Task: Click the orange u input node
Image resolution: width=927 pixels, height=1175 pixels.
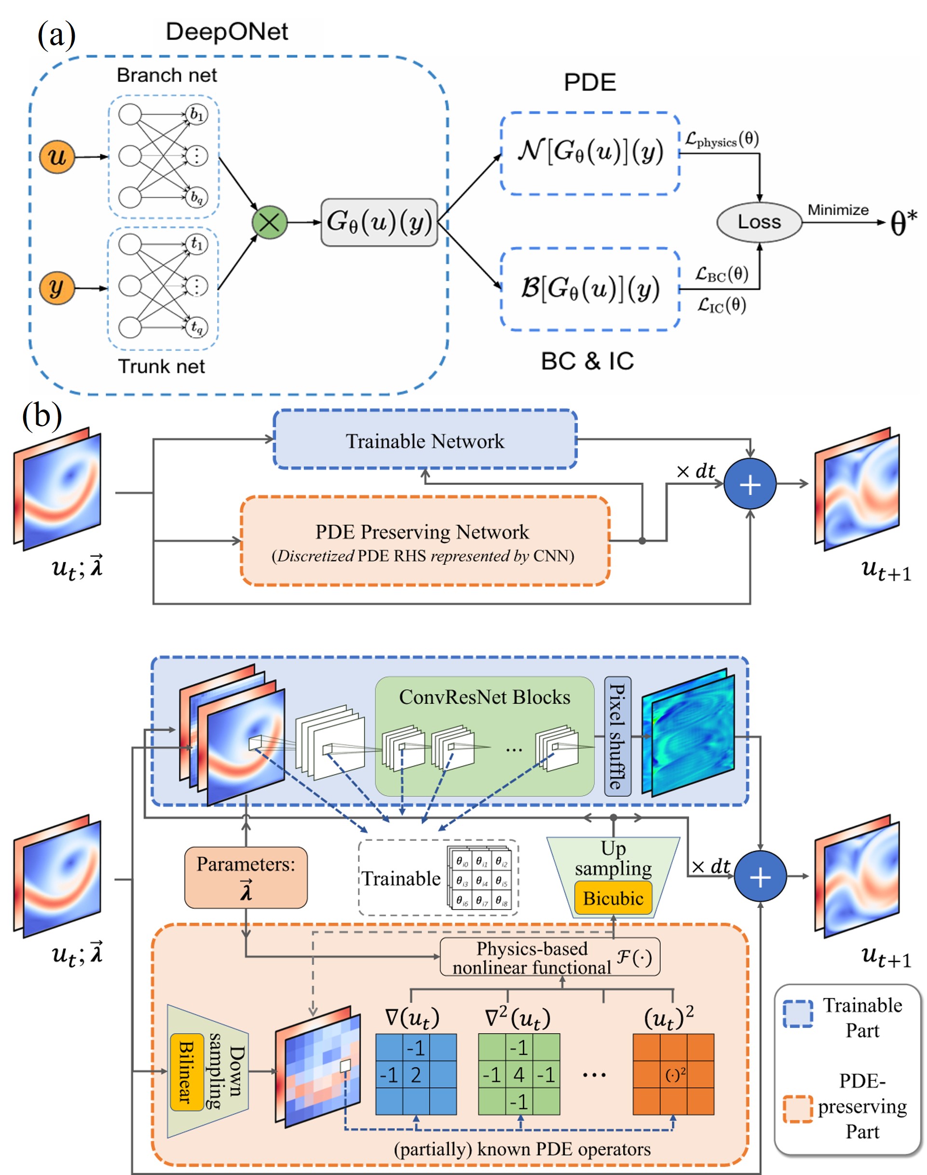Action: (x=56, y=157)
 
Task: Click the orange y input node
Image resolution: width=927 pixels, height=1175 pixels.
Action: (x=56, y=287)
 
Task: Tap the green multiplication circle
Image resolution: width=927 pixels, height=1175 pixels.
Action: (x=269, y=222)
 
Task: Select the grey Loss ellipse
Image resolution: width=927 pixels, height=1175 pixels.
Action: (x=759, y=222)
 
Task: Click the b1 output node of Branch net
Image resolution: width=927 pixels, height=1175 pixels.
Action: (x=196, y=114)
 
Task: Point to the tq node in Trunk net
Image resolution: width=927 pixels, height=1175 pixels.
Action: (x=196, y=327)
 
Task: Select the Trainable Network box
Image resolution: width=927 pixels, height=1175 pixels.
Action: (x=425, y=440)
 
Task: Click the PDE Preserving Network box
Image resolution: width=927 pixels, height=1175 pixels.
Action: (x=425, y=541)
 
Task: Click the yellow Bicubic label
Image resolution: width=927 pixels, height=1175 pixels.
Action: (x=613, y=899)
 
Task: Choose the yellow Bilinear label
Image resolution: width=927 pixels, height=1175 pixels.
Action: (x=187, y=1071)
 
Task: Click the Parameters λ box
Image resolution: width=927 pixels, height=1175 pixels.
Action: (x=246, y=877)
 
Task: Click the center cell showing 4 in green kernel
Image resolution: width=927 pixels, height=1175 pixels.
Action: (x=519, y=1075)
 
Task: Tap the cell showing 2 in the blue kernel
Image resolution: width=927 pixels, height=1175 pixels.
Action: (x=416, y=1075)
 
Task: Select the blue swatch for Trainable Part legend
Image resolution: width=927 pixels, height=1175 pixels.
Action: (x=798, y=1013)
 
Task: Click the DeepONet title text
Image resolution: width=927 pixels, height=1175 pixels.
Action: (x=227, y=31)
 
